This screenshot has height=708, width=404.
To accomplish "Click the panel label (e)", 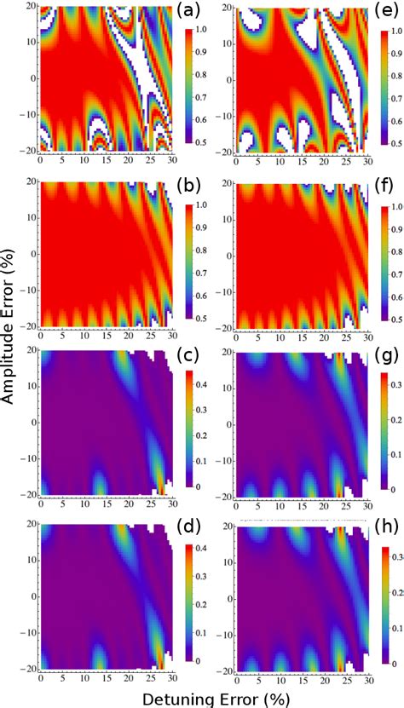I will (381, 15).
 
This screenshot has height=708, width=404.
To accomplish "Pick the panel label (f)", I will (381, 185).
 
